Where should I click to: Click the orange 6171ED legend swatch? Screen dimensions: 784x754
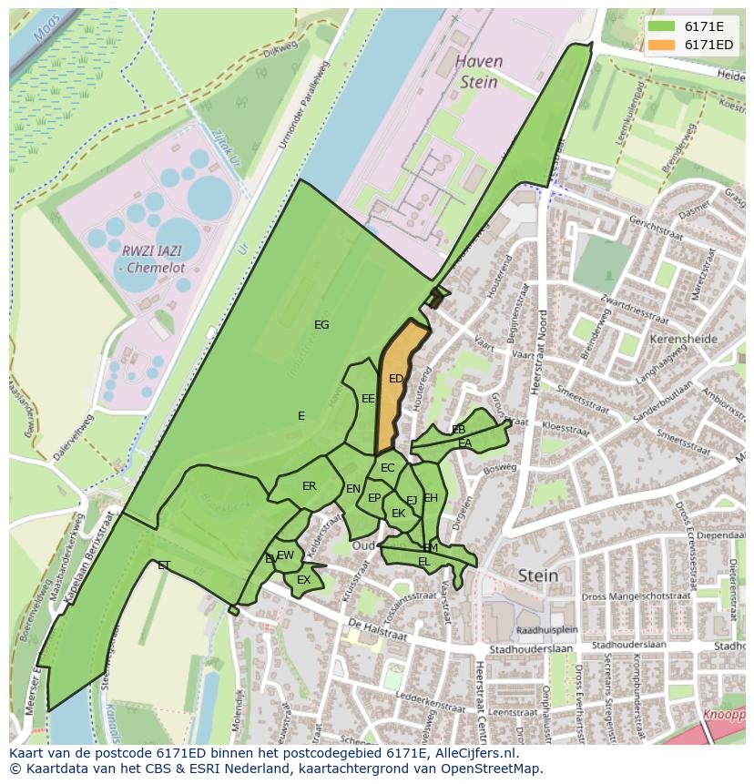click(662, 45)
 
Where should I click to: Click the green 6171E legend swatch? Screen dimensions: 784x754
click(662, 26)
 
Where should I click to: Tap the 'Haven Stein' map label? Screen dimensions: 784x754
click(478, 72)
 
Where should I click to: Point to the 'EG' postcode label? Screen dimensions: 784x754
click(321, 325)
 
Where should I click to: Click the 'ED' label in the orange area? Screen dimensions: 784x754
click(396, 379)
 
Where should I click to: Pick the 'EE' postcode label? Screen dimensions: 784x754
click(368, 399)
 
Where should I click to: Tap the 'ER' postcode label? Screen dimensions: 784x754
click(310, 486)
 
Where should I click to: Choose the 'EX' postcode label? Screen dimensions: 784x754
click(304, 580)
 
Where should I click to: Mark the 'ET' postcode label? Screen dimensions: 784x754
click(164, 565)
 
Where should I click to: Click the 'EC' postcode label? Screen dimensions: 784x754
click(388, 468)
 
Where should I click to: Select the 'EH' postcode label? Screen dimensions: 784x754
click(431, 498)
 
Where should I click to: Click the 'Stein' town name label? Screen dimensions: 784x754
click(537, 575)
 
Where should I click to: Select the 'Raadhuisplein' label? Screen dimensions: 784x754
click(546, 630)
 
